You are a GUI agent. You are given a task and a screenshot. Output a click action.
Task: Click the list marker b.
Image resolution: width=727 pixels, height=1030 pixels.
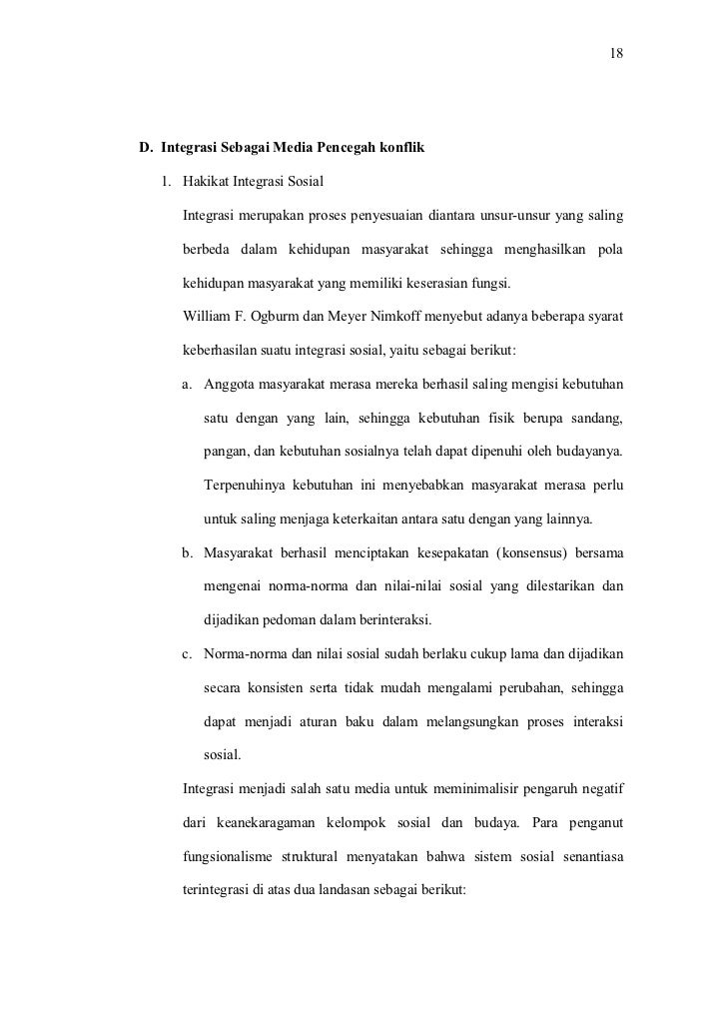(187, 551)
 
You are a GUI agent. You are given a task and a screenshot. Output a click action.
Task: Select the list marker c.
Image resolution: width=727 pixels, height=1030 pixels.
(187, 654)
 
